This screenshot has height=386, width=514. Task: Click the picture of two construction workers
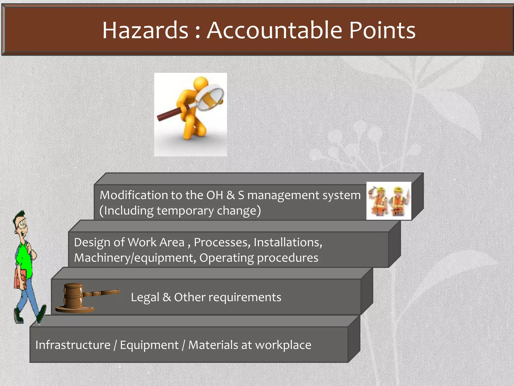point(389,201)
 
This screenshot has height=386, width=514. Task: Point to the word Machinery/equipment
point(135,258)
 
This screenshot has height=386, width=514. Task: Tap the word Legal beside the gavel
point(145,298)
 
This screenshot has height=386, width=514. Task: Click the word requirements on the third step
point(245,298)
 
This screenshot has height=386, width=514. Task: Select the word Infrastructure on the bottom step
point(73,345)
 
